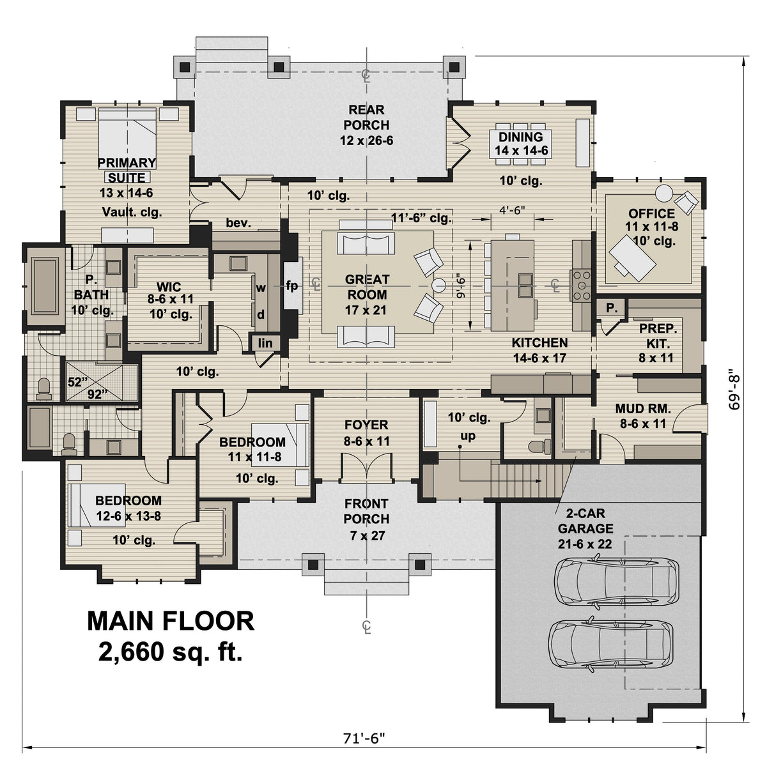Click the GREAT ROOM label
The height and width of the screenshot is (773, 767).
pyautogui.click(x=367, y=287)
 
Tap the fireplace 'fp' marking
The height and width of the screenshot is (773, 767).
pyautogui.click(x=291, y=286)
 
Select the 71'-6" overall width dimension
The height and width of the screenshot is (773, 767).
pyautogui.click(x=365, y=739)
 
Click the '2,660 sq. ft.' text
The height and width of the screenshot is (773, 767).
pyautogui.click(x=170, y=652)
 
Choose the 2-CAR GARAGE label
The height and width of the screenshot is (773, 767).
pyautogui.click(x=585, y=521)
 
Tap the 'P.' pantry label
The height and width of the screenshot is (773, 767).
pyautogui.click(x=611, y=308)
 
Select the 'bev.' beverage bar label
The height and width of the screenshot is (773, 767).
pyautogui.click(x=237, y=223)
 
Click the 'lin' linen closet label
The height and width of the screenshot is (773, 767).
pyautogui.click(x=265, y=343)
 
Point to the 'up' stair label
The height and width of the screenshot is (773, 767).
pyautogui.click(x=468, y=436)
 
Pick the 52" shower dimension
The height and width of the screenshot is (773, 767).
pyautogui.click(x=75, y=382)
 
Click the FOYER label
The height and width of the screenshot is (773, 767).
pyautogui.click(x=366, y=432)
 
